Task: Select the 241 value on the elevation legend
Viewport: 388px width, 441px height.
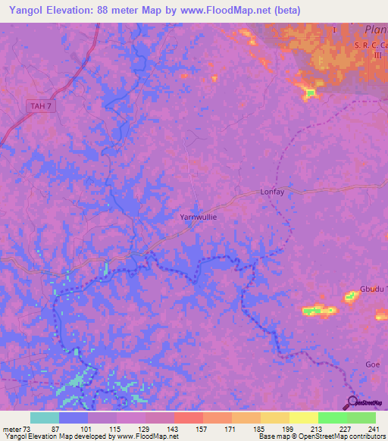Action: coord(374,430)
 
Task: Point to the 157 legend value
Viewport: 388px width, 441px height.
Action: coord(201,430)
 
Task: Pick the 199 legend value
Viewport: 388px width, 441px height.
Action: coord(288,430)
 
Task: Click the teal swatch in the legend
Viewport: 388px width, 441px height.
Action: coord(44,418)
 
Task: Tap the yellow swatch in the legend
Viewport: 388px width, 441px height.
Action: coord(303,418)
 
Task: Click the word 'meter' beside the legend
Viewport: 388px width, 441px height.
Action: coord(11,430)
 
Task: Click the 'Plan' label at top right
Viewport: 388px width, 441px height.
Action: coord(375,30)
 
